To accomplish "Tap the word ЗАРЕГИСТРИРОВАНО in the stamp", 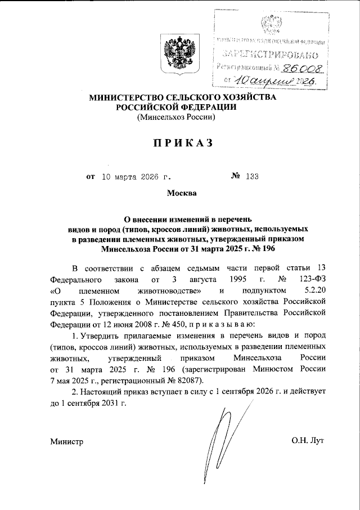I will click(x=271, y=55).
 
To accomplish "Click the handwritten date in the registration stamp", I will click(x=276, y=82).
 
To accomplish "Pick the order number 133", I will click(x=251, y=177).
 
